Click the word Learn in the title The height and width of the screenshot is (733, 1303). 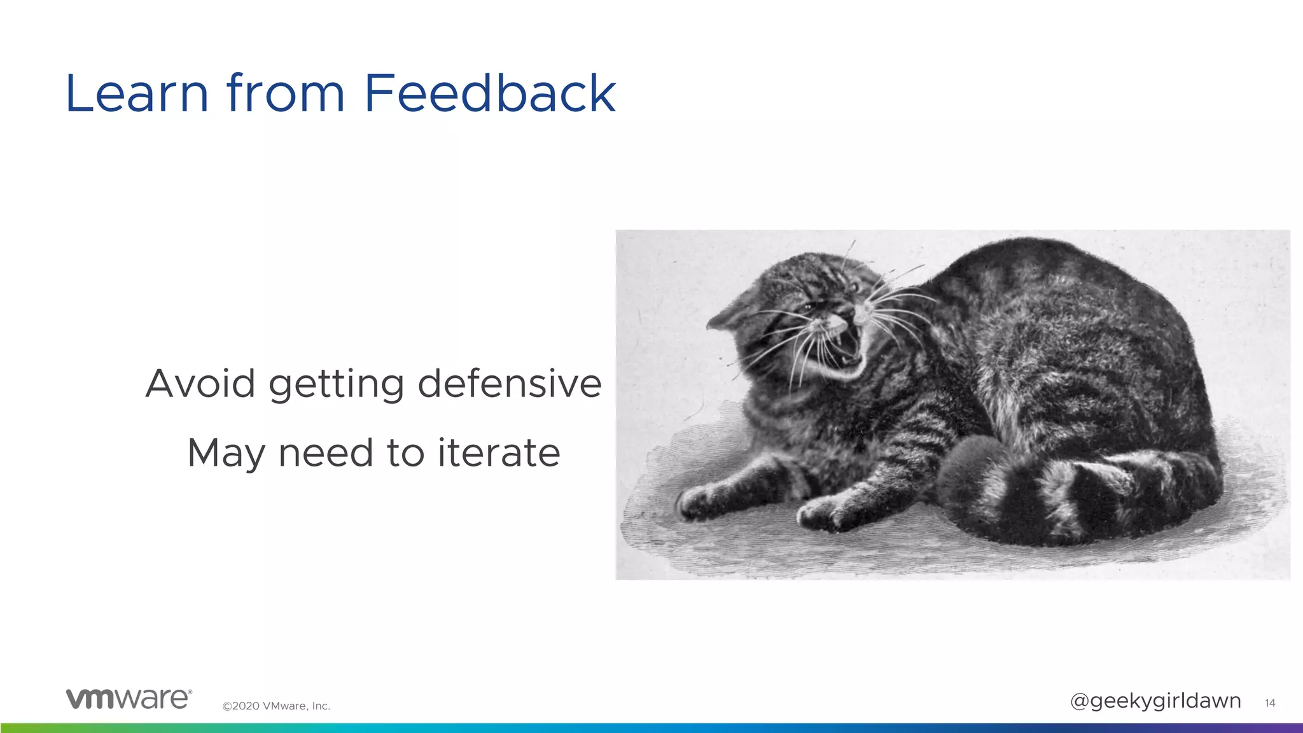[x=137, y=94]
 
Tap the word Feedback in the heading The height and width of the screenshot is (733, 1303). [x=489, y=94]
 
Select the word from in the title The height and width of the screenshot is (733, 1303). [x=286, y=94]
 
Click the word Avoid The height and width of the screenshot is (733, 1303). [x=200, y=384]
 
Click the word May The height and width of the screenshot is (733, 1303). [x=226, y=454]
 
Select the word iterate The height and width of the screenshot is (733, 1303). [x=498, y=452]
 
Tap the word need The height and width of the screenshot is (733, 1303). [x=326, y=452]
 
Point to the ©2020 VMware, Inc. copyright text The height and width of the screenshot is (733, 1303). [x=276, y=706]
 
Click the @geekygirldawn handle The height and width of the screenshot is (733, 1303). [x=1155, y=701]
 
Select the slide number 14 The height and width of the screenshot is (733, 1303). [x=1270, y=703]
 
